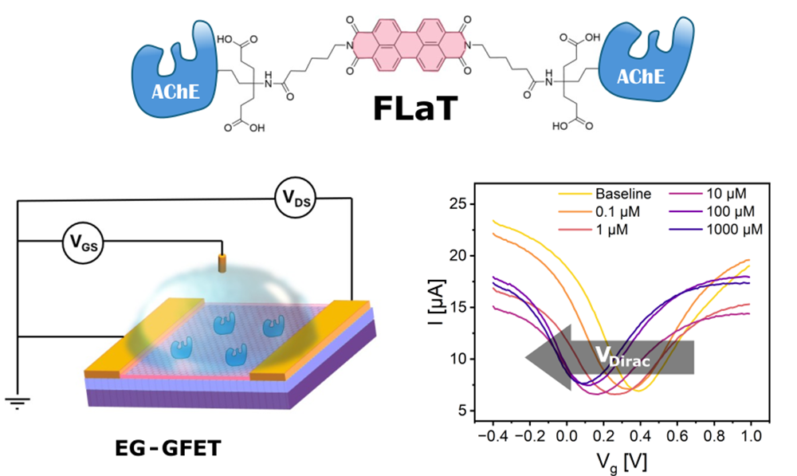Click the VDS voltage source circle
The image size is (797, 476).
[x=295, y=199]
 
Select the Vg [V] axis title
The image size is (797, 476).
[x=620, y=462]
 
